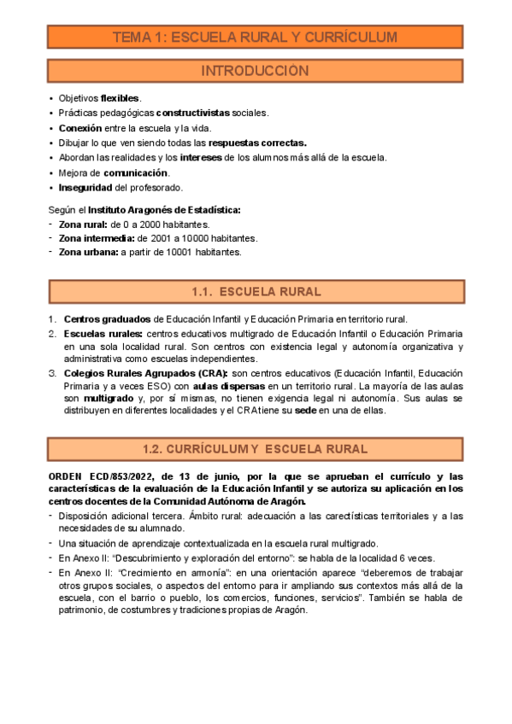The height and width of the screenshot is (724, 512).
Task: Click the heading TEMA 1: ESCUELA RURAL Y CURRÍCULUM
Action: (x=256, y=37)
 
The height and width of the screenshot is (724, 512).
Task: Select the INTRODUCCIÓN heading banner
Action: (x=256, y=71)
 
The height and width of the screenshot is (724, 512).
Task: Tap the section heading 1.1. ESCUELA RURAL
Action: (x=256, y=292)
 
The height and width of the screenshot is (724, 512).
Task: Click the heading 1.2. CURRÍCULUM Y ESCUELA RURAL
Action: (x=256, y=448)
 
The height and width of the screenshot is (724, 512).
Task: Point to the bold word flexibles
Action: (x=120, y=98)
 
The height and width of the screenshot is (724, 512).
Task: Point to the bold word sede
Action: (x=306, y=411)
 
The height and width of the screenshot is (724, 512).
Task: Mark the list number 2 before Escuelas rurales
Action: (x=52, y=333)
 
